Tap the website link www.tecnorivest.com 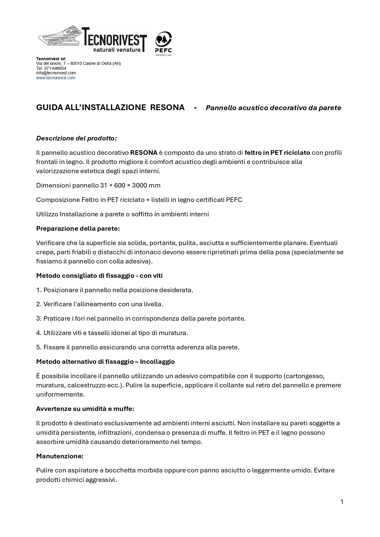[55, 78]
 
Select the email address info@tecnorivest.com [56, 73]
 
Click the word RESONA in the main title [167, 107]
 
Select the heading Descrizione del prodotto [76, 138]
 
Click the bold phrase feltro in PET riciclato [277, 152]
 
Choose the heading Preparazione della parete [78, 228]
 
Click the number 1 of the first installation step [38, 290]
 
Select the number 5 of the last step [38, 347]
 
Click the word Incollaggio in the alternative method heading [157, 361]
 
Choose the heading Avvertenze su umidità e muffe [85, 408]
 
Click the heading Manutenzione [60, 456]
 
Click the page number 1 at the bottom [342, 502]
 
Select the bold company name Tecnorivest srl [51, 59]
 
